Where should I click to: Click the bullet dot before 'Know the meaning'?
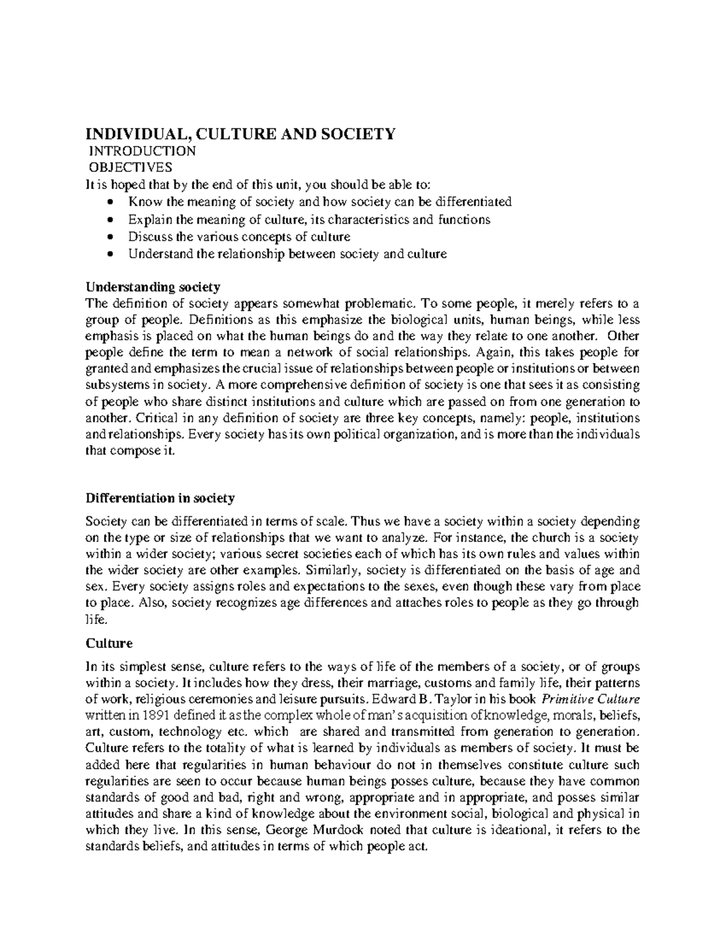[110, 202]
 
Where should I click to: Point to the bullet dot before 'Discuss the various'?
[110, 237]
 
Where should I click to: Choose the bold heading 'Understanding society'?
[153, 286]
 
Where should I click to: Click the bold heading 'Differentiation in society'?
[160, 498]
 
